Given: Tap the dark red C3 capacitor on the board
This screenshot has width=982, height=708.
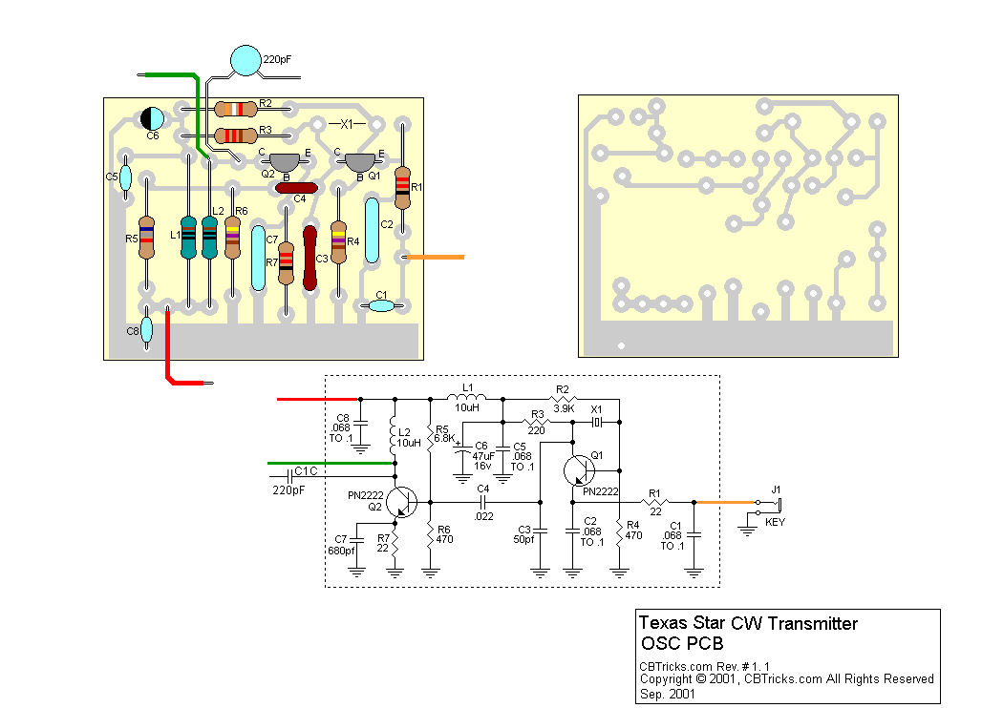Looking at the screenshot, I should point(310,258).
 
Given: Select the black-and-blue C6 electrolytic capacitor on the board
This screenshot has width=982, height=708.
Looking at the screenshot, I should point(152,118).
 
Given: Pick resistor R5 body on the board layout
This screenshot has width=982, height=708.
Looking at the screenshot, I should point(146,239).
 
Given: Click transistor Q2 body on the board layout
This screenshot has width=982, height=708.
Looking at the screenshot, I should point(284,163).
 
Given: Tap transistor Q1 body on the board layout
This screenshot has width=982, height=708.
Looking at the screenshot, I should point(359,163).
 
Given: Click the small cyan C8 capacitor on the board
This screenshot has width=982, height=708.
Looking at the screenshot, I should point(146,331).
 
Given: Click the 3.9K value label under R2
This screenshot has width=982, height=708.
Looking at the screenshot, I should point(563,407).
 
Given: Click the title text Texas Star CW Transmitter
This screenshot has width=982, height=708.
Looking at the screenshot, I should point(748,624).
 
